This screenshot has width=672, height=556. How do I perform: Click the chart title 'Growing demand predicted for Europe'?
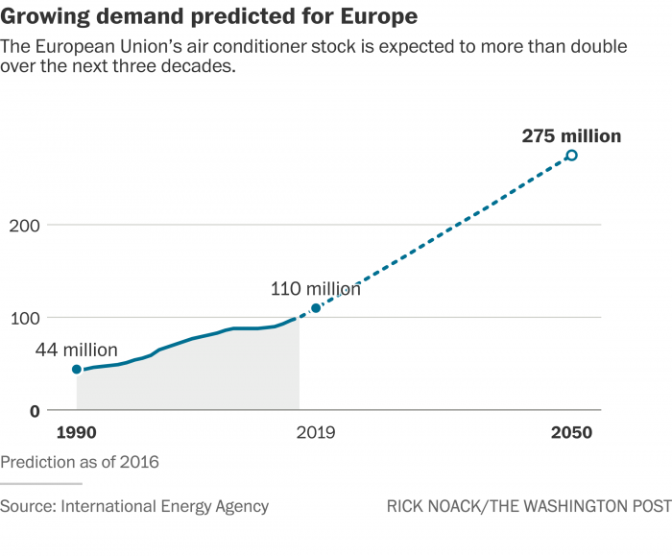coord(208,16)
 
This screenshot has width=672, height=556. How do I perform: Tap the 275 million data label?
coord(571,136)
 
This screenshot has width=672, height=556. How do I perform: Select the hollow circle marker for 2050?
coord(571,156)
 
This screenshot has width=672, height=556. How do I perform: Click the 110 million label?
coord(316,288)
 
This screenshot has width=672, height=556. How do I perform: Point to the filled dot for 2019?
coord(316,308)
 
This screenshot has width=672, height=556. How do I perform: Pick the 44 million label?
coord(77,350)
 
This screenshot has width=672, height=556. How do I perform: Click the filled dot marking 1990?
coord(77,370)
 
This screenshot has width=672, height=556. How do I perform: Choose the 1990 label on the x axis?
coord(77,433)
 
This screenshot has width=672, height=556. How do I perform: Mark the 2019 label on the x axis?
coord(316,433)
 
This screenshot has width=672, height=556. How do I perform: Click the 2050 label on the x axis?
coord(571,433)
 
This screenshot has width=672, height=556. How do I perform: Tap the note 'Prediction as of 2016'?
coord(80,462)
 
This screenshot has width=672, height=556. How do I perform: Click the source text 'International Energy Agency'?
coord(165,506)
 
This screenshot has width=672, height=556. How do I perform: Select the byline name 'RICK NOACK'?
coord(432,506)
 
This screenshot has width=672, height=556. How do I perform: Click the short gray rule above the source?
coord(41,484)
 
